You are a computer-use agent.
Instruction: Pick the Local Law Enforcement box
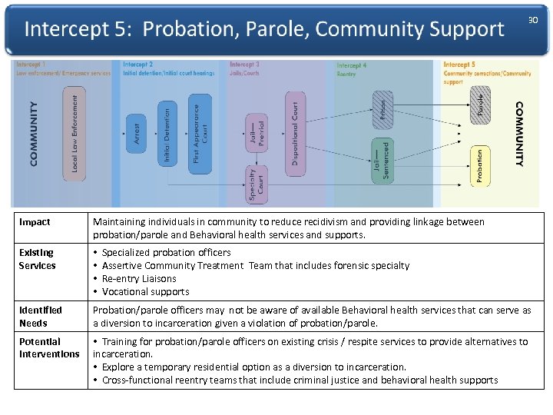(x=74, y=134)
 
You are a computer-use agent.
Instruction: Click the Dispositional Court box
(x=295, y=129)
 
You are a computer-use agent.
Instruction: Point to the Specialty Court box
(x=256, y=184)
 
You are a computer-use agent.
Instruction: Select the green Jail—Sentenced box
(x=381, y=159)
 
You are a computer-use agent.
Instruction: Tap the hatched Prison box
(x=382, y=108)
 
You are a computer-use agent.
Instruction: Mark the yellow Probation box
(x=479, y=166)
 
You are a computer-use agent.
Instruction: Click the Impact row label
(x=35, y=222)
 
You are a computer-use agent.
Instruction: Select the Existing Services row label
(x=37, y=259)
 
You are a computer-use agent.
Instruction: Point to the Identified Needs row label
(x=40, y=317)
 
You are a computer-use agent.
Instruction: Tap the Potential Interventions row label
(x=48, y=347)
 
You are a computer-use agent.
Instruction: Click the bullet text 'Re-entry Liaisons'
(x=139, y=278)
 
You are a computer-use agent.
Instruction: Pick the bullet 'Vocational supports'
(x=145, y=291)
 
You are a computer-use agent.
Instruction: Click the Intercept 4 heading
(x=352, y=66)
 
